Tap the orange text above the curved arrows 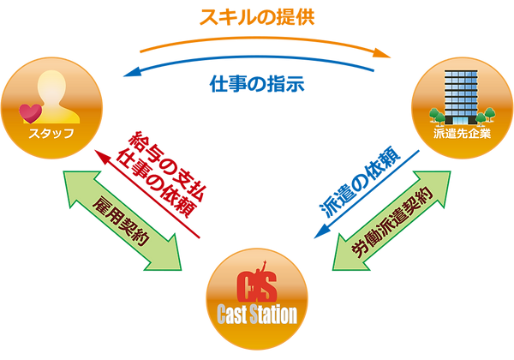(x=258, y=15)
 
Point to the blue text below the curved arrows (x=257, y=85)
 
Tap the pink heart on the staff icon (x=32, y=112)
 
